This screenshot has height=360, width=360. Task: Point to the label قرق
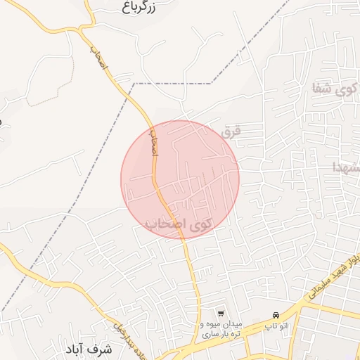tap(232, 131)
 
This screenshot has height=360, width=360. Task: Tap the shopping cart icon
tap(221, 313)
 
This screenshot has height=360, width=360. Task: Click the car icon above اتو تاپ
tap(276, 314)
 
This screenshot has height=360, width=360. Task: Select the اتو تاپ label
tap(276, 326)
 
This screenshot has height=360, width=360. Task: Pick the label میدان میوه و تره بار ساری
tap(221, 329)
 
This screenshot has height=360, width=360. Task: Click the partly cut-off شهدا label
tap(349, 167)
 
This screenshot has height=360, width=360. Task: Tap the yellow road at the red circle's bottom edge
tap(181, 238)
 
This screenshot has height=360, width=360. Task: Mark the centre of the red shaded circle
tap(180, 179)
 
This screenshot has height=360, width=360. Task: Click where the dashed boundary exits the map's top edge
tap(288, 1)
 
